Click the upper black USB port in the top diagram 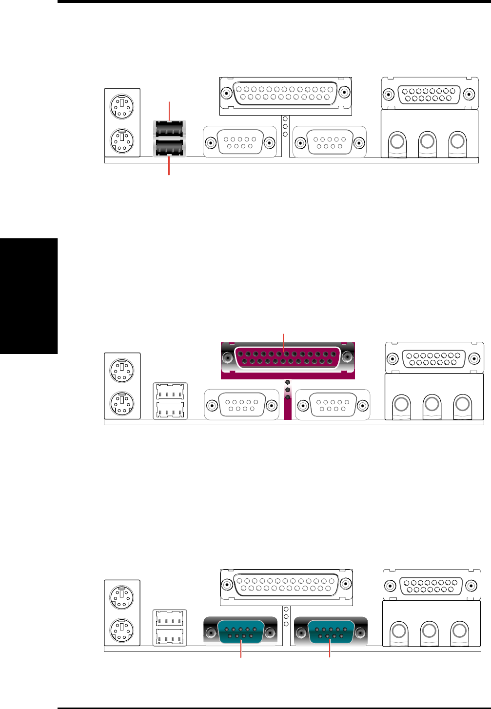point(169,129)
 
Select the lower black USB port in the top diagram point(169,148)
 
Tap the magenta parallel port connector point(287,358)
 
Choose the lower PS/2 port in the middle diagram point(120,403)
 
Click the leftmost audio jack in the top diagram point(397,142)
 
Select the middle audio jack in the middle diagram point(432,404)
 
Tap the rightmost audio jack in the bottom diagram point(459,631)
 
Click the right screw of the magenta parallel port point(348,358)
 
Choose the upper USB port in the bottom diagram point(170,618)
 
